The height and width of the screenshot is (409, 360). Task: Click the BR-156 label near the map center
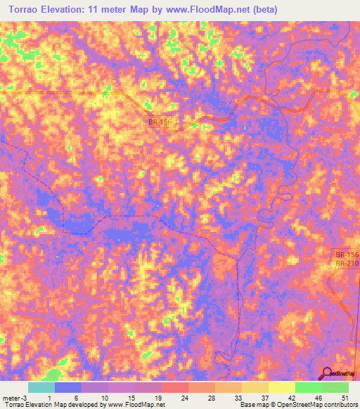(x=160, y=122)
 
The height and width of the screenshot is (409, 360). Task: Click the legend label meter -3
(x=13, y=398)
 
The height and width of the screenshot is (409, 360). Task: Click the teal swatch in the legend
(x=41, y=387)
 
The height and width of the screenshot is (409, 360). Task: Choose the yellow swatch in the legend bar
(x=282, y=387)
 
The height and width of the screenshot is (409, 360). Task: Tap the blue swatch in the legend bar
(x=68, y=387)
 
